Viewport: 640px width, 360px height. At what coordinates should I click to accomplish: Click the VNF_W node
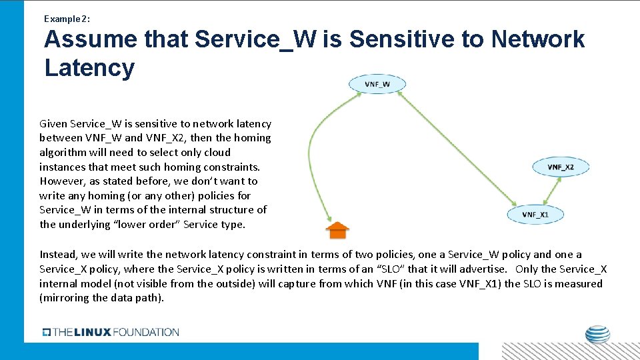pos(377,84)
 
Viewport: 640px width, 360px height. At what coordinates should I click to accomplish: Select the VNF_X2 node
pos(561,167)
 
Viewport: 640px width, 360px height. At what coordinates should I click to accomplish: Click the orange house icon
pos(337,230)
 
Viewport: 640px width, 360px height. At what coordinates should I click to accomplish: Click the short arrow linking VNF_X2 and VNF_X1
pos(549,191)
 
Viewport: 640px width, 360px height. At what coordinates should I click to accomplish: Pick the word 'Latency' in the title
pos(89,67)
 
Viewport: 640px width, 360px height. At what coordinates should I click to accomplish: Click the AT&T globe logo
pos(597,334)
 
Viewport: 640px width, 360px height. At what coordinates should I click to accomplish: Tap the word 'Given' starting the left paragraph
pos(54,123)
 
